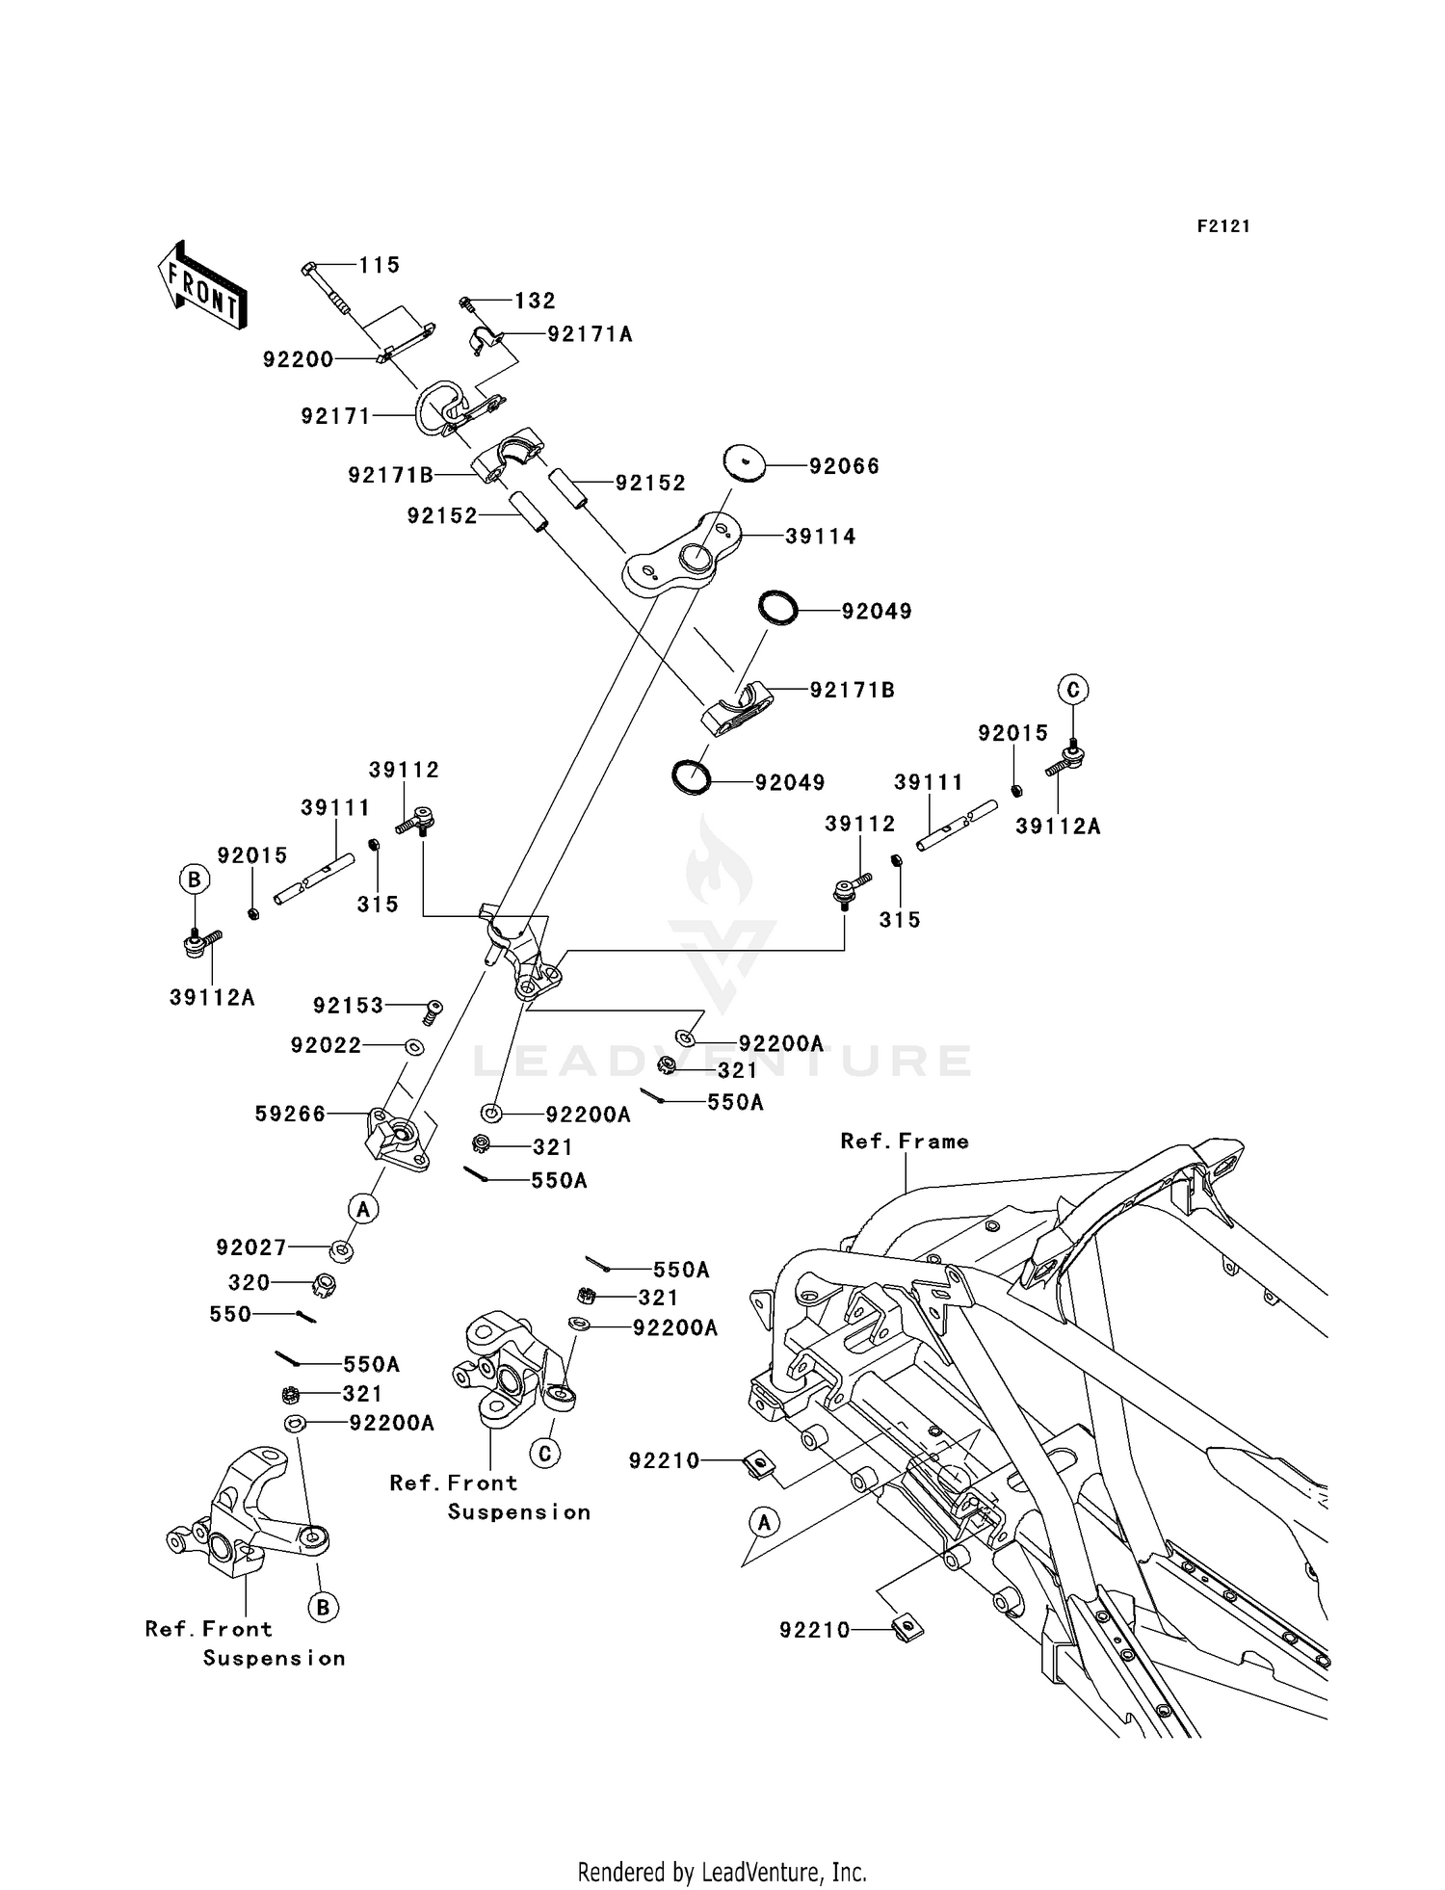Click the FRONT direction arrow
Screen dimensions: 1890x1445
click(202, 287)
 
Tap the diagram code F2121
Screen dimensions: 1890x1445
click(1223, 226)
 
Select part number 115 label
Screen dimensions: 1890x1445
click(380, 265)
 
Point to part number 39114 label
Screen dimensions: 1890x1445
click(820, 537)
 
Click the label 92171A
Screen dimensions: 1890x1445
click(590, 334)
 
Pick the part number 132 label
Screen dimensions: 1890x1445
click(535, 301)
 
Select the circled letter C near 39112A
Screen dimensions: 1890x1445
click(1072, 690)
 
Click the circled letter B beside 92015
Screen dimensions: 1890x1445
click(194, 879)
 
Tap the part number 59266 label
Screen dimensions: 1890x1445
click(290, 1114)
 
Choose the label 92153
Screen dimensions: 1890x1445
click(348, 1006)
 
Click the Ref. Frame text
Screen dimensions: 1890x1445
click(904, 1142)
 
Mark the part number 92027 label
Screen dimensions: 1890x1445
click(251, 1247)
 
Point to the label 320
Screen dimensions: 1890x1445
click(249, 1282)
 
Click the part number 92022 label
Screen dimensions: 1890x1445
click(326, 1045)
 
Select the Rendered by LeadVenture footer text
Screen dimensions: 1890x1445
click(722, 1872)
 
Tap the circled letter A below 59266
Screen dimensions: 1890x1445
click(363, 1208)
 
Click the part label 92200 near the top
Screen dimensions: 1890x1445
click(298, 359)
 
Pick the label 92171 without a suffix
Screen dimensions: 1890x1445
click(335, 416)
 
